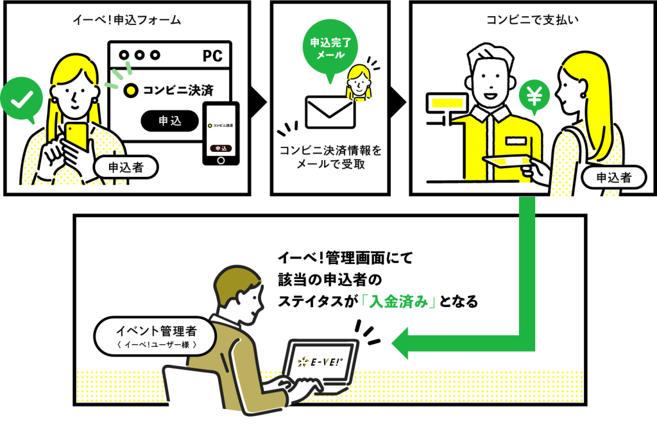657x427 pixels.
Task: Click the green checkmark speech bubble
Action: pos(22,99)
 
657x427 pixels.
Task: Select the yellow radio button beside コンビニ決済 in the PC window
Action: pos(131,90)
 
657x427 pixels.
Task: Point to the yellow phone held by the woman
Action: pos(76,136)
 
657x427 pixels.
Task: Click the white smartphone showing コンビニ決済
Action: pos(220,133)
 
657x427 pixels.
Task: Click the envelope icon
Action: pos(330,113)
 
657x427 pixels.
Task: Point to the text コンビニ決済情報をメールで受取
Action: pos(330,158)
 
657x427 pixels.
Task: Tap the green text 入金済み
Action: pos(393,301)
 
